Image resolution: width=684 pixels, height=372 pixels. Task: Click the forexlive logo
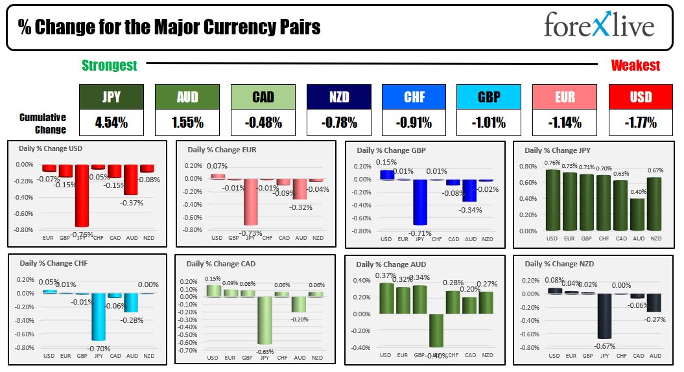(599, 26)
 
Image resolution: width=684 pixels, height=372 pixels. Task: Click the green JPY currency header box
(111, 97)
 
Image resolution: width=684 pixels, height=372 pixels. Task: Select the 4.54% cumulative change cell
(111, 122)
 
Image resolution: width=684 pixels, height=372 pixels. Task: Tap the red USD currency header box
(641, 97)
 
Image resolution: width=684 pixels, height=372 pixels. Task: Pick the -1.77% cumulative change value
(641, 122)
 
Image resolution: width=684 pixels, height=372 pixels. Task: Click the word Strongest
(110, 65)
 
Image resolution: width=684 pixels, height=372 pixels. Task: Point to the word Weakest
(635, 65)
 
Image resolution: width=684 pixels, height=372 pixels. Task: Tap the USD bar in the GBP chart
(386, 174)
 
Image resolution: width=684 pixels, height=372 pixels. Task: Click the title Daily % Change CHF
(49, 263)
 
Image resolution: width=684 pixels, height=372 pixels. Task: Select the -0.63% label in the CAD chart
(265, 352)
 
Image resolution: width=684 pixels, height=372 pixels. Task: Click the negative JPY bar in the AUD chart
(436, 330)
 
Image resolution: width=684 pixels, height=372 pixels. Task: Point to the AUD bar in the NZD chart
(655, 302)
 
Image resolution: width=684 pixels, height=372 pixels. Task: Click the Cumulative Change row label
(43, 123)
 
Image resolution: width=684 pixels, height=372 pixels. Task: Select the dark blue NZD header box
(338, 97)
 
